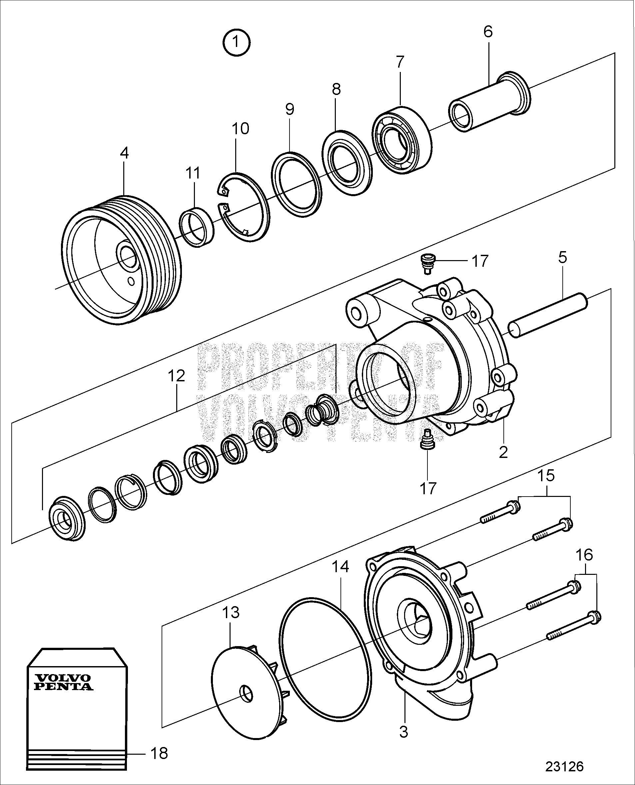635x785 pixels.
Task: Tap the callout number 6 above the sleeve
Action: [488, 32]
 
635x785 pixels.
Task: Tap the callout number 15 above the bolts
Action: [546, 476]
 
